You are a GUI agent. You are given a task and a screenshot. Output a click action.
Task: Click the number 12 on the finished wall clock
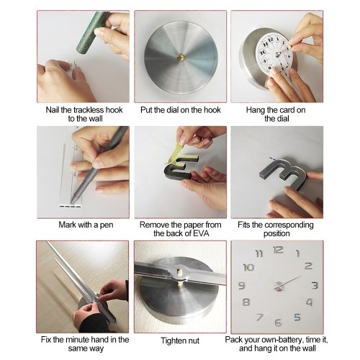[x=278, y=250]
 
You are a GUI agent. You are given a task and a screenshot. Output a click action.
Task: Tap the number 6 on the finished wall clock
[x=278, y=323]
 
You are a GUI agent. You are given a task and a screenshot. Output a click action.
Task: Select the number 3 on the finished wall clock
[x=315, y=285]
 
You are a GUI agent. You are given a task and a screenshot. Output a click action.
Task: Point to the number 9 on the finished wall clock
[x=241, y=285]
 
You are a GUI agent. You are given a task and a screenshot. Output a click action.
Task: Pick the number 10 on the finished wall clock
[x=248, y=267]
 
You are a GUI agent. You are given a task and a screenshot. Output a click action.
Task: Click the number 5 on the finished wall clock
[x=297, y=318]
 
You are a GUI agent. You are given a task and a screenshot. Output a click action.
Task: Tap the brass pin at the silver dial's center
[x=181, y=58]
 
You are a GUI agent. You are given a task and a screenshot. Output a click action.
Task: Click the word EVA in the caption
[x=201, y=233]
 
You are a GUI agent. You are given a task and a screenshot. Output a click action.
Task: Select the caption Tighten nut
[x=180, y=341]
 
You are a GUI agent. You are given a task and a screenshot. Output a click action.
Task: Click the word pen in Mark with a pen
[x=107, y=225]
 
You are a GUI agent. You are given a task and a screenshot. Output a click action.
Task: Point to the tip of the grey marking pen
[x=73, y=202]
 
